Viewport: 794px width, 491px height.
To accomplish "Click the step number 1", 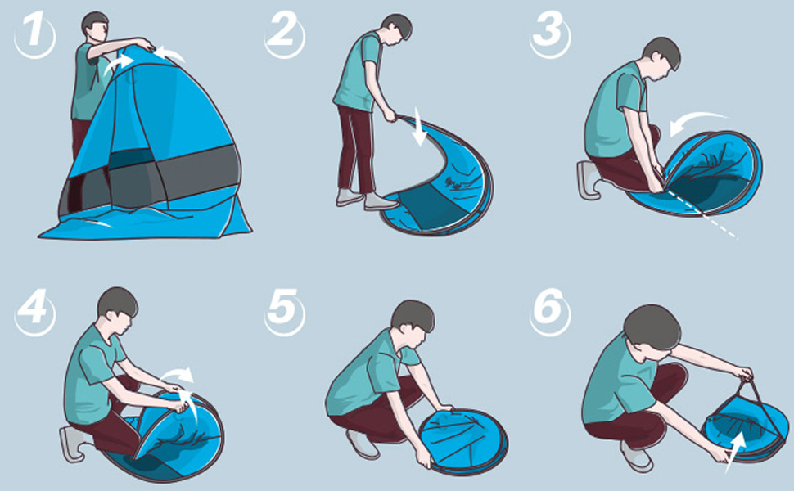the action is click(x=34, y=32).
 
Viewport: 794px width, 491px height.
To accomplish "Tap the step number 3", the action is click(x=549, y=30).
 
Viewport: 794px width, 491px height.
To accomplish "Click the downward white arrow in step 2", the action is click(x=420, y=127).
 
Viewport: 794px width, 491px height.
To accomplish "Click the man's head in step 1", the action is click(x=95, y=26).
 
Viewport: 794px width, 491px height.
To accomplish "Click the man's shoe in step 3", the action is click(x=589, y=180).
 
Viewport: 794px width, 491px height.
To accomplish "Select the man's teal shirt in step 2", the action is click(x=358, y=71).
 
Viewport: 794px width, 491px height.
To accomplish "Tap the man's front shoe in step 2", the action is click(x=381, y=202).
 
